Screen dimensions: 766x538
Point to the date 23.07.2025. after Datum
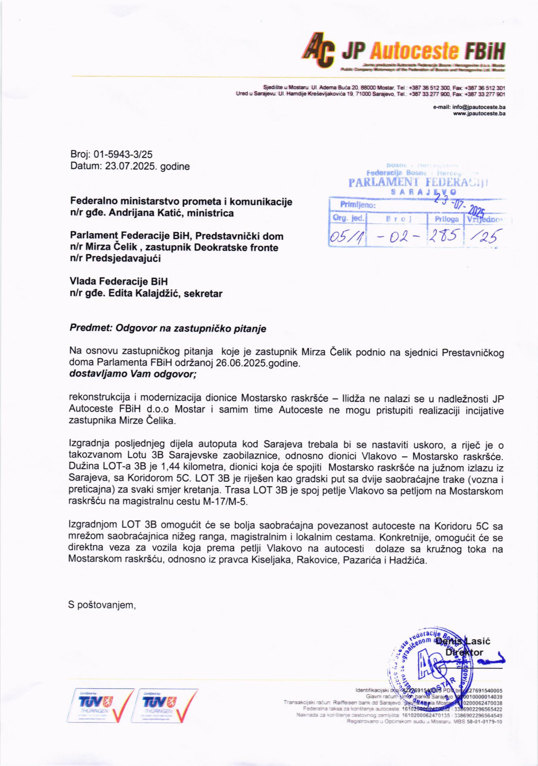coord(132,166)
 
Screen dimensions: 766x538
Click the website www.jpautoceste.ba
coord(479,113)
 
